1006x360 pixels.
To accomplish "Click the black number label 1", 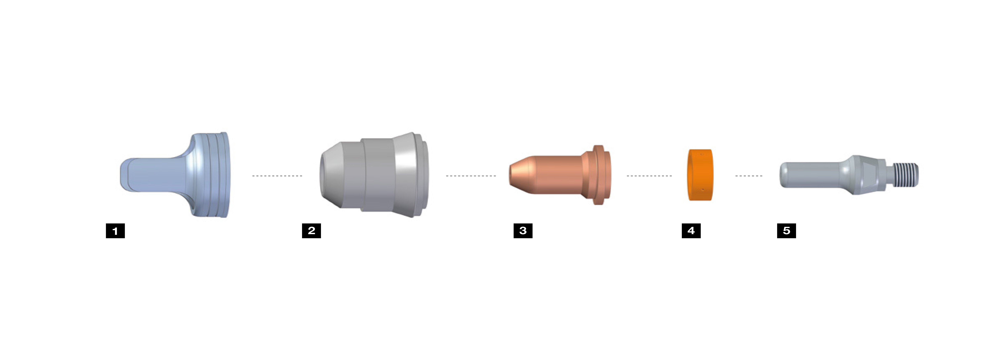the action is click(115, 231).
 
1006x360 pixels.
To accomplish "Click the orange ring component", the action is click(700, 175).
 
